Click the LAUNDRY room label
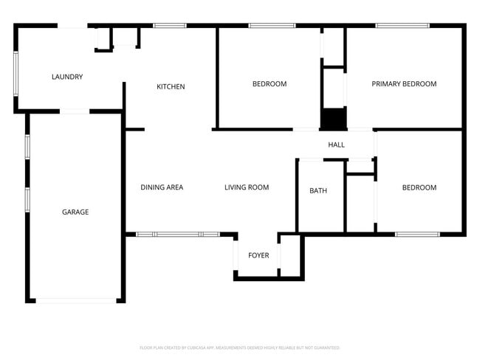point(66,77)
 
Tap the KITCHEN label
point(171,87)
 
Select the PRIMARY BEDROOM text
point(403,84)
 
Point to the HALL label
point(336,145)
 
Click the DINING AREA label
point(162,187)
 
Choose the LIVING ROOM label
point(247,187)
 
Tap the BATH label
point(318,191)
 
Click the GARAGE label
point(75,212)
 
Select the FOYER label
point(258,256)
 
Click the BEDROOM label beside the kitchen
point(269,84)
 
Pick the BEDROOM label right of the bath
point(419,187)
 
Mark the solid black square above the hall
point(333,119)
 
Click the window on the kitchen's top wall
point(169,26)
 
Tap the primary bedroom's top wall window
point(402,26)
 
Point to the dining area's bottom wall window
point(177,235)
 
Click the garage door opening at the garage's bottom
point(76,300)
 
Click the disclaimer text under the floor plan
point(239,347)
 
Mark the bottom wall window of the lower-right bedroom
point(416,235)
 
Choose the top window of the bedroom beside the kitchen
point(272,26)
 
